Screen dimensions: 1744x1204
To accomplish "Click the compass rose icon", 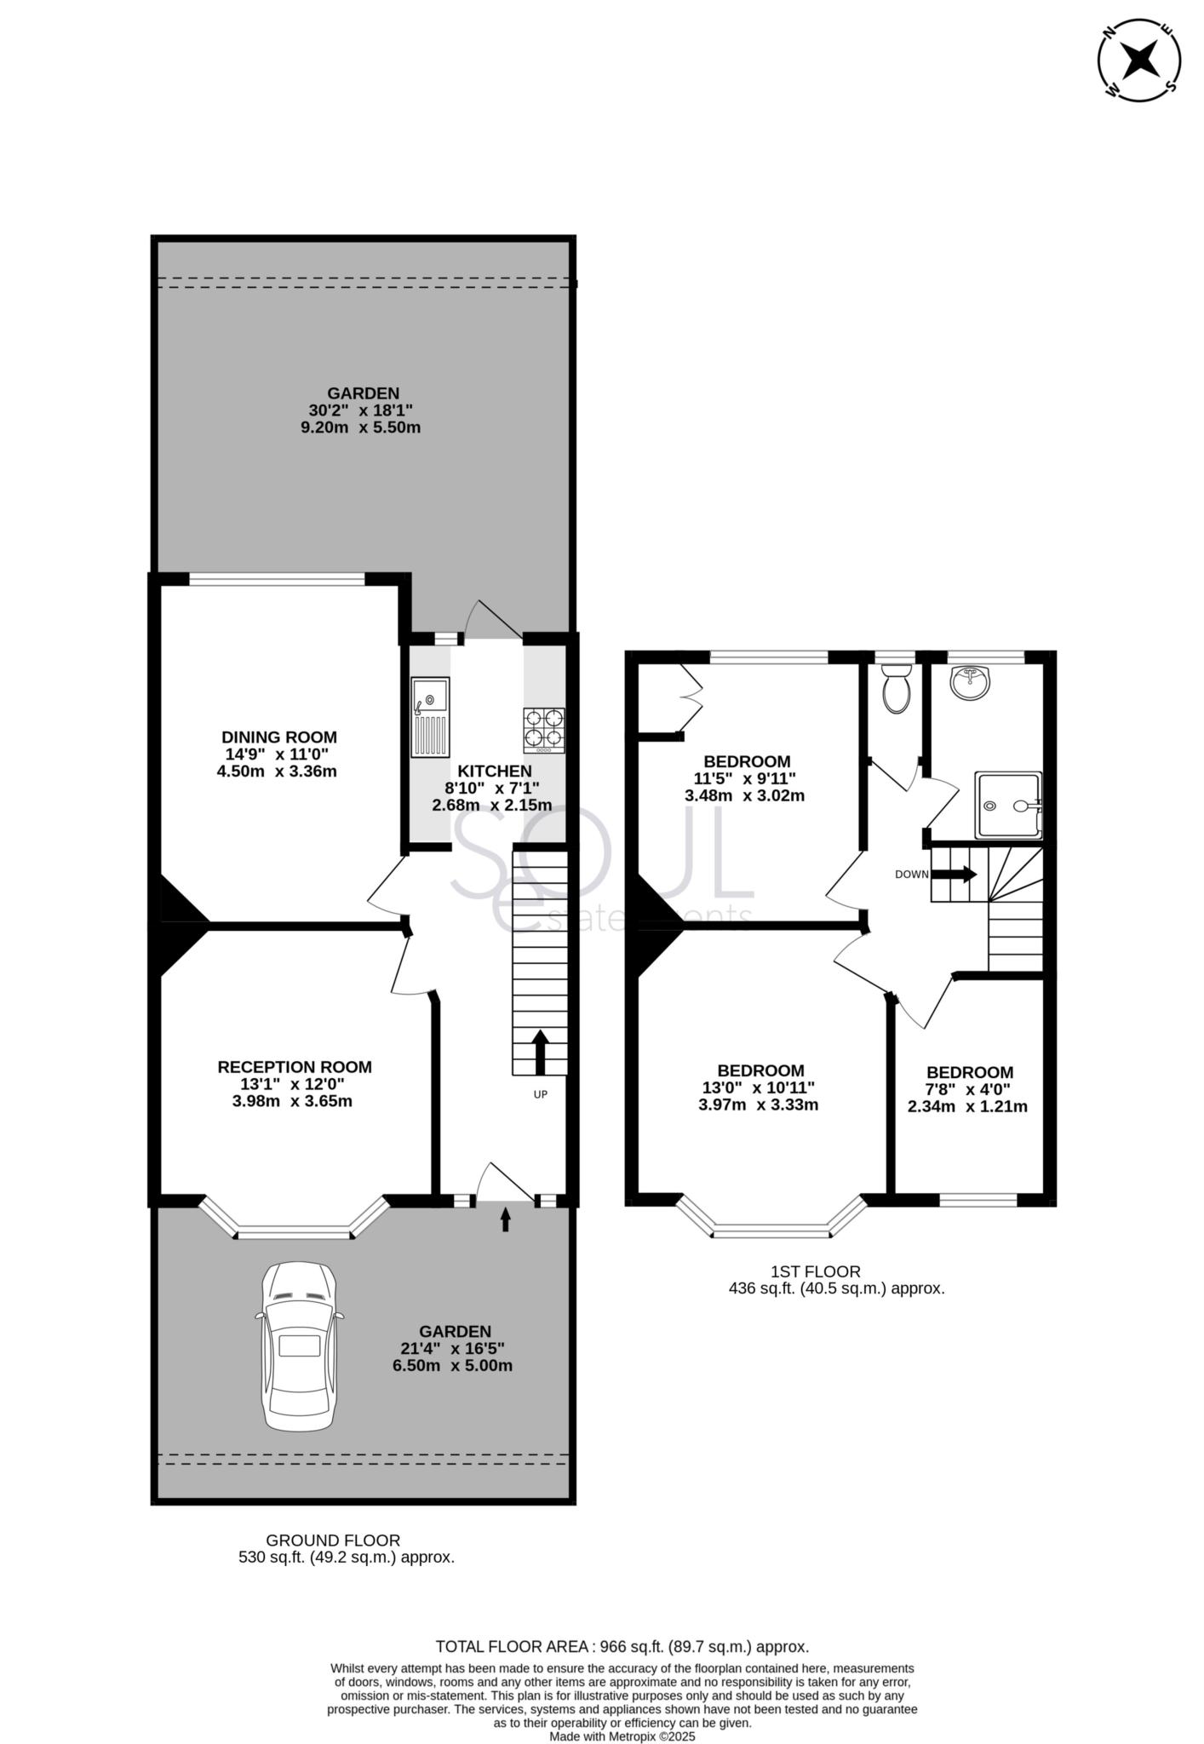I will click(x=1139, y=60).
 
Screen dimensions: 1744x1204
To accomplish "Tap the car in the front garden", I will click(x=299, y=1346).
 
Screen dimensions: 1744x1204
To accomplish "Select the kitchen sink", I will click(x=430, y=717).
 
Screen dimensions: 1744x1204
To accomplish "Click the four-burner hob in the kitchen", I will click(x=544, y=731).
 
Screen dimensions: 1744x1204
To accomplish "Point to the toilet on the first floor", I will click(x=897, y=689).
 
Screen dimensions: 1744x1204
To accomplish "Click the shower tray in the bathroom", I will click(x=1008, y=805).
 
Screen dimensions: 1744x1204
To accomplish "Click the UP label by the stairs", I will click(x=540, y=1094).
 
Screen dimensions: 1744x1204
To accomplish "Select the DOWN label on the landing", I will click(x=910, y=875).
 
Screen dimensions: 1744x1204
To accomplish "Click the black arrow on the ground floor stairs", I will click(x=540, y=1053).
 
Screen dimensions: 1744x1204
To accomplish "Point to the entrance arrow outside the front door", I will click(x=505, y=1220).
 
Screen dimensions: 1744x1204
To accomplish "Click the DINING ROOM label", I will click(x=279, y=737).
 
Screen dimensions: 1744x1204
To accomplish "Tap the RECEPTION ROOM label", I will click(x=295, y=1067).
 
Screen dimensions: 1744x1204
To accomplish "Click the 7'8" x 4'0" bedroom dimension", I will click(x=969, y=1089).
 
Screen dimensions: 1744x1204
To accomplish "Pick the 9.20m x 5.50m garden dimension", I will click(x=361, y=427).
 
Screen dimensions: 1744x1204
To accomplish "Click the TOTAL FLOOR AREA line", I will click(x=622, y=1647).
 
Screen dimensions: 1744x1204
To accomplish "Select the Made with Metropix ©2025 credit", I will click(x=622, y=1736).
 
